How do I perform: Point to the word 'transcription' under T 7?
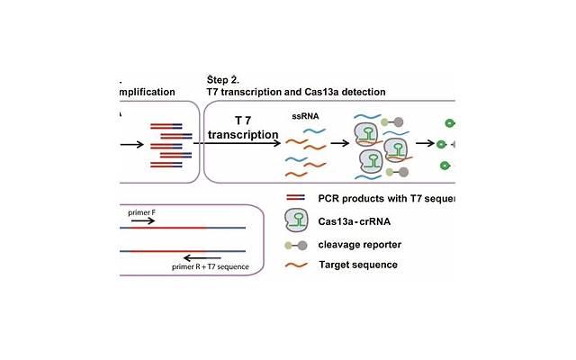[242, 135]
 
